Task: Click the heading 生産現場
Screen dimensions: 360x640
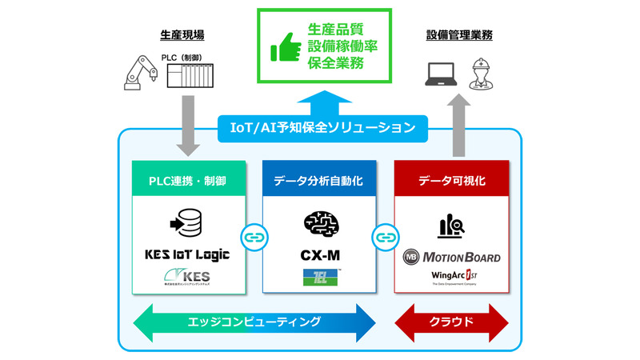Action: pyautogui.click(x=184, y=35)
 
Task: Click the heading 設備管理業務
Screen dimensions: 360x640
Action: pyautogui.click(x=459, y=35)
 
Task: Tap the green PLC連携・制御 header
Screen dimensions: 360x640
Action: pyautogui.click(x=187, y=181)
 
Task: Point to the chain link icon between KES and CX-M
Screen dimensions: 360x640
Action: pyautogui.click(x=254, y=238)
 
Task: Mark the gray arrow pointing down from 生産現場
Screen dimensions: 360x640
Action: pyautogui.click(x=189, y=125)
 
